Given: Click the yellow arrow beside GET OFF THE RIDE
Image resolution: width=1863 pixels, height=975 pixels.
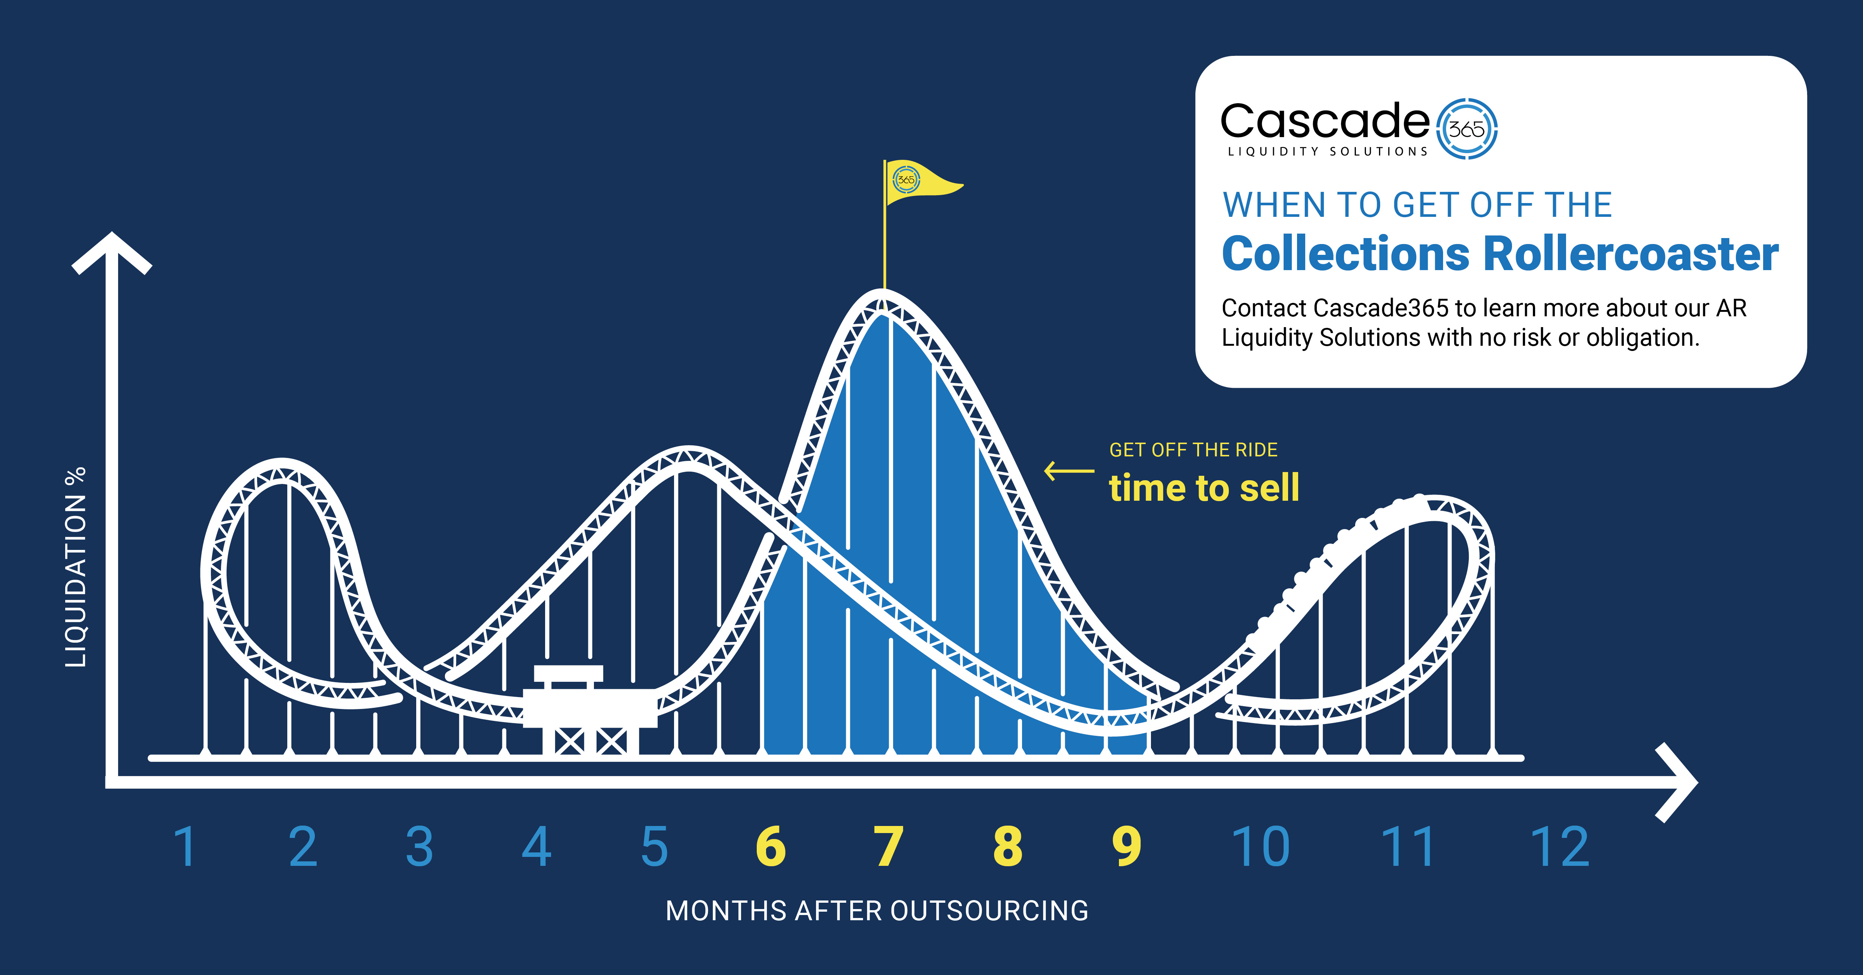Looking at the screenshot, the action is tap(1069, 471).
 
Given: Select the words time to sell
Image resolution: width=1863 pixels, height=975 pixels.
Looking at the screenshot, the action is tap(1204, 487).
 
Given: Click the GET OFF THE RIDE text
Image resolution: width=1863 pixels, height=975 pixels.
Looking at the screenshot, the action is tap(1193, 450).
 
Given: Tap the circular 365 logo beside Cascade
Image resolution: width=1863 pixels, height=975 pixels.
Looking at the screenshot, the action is tap(1466, 129).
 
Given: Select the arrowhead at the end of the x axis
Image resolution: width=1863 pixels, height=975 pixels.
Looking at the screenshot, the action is tap(1676, 783).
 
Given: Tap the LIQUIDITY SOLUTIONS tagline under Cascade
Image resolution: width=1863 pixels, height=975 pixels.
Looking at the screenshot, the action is tap(1328, 151).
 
